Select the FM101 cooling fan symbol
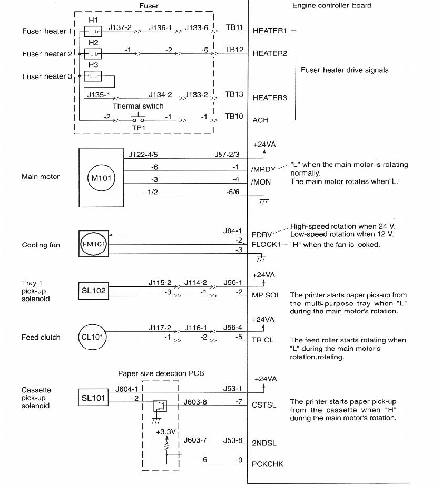[x=93, y=244]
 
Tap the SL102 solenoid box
[x=94, y=291]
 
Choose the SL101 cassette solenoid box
[x=94, y=398]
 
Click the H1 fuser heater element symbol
[x=93, y=31]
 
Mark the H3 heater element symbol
[x=93, y=76]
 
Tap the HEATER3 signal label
[x=270, y=98]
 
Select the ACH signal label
[x=260, y=120]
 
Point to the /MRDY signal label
[x=263, y=169]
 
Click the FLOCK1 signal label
[x=265, y=245]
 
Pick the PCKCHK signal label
[x=267, y=464]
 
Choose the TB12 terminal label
[x=234, y=49]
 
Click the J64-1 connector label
[x=232, y=230]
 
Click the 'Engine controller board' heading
[x=332, y=6]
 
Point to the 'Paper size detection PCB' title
[x=161, y=373]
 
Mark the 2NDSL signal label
[x=264, y=444]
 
